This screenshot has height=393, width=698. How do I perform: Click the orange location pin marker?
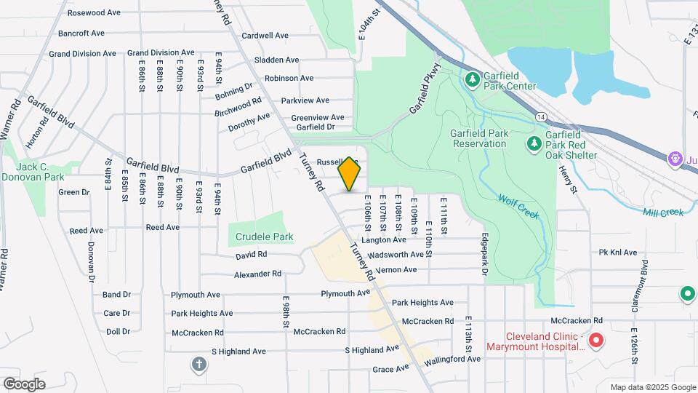(x=350, y=174)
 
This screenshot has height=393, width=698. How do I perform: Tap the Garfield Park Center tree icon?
(x=472, y=77)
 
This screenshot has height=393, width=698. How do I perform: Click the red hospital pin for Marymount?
(x=596, y=340)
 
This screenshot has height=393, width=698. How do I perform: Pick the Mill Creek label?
(x=663, y=213)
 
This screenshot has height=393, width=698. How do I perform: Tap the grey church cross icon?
(x=199, y=364)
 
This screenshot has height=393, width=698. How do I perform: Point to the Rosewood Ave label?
(x=94, y=13)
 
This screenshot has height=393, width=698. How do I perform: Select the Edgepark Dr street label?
(x=484, y=255)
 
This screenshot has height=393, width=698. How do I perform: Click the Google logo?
(x=24, y=384)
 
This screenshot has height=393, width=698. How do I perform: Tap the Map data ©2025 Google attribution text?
(x=652, y=387)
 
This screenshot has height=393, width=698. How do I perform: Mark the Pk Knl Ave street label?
(x=617, y=253)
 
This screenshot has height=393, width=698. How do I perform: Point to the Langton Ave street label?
(x=383, y=239)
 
